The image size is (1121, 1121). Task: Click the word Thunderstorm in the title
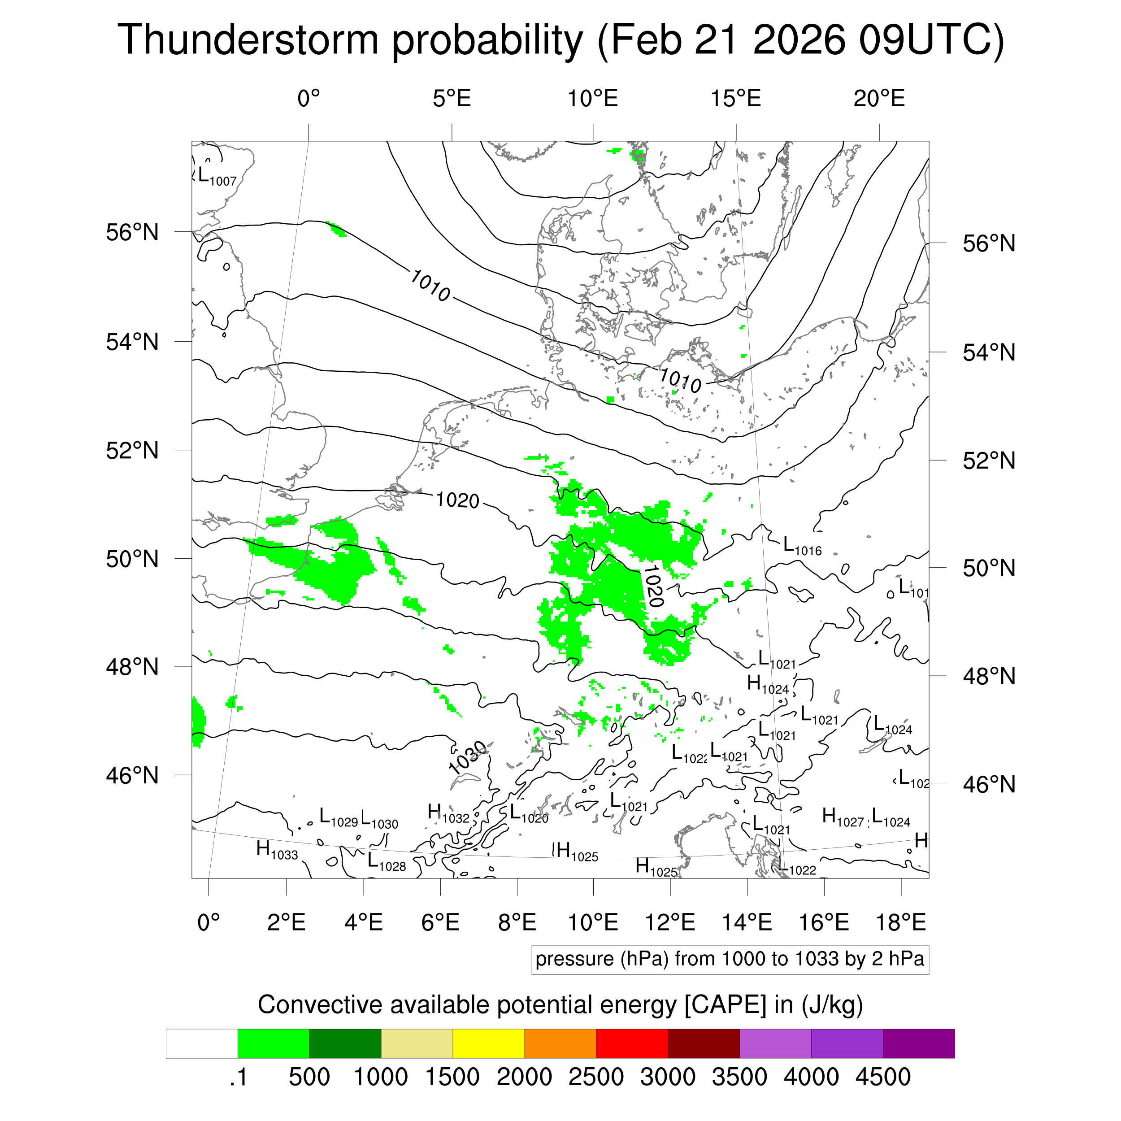pyautogui.click(x=248, y=39)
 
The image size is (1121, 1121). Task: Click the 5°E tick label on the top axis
pyautogui.click(x=452, y=99)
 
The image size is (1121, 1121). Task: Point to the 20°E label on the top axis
pyautogui.click(x=878, y=99)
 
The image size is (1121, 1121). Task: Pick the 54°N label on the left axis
pyautogui.click(x=132, y=342)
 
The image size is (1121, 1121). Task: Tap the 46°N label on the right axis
pyautogui.click(x=989, y=784)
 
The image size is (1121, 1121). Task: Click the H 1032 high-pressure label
pyautogui.click(x=448, y=813)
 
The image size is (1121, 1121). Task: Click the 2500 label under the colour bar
pyautogui.click(x=596, y=1077)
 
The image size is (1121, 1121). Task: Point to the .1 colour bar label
pyautogui.click(x=239, y=1077)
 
